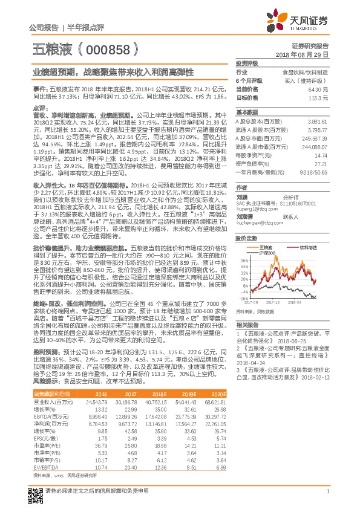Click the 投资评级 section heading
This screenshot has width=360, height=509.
pyautogui.click(x=247, y=63)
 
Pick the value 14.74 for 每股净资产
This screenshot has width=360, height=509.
pyautogui.click(x=321, y=155)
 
